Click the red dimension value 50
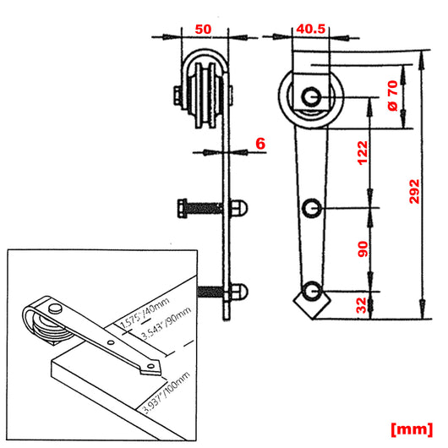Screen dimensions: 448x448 203,27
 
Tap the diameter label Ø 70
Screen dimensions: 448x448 391,96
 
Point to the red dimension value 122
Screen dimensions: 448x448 363,152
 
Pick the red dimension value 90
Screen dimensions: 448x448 363,249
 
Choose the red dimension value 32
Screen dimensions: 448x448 363,303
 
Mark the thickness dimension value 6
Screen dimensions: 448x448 260,144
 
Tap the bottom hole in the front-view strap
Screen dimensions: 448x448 312,291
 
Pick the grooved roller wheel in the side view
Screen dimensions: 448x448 204,88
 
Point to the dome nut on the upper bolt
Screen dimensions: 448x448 238,206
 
